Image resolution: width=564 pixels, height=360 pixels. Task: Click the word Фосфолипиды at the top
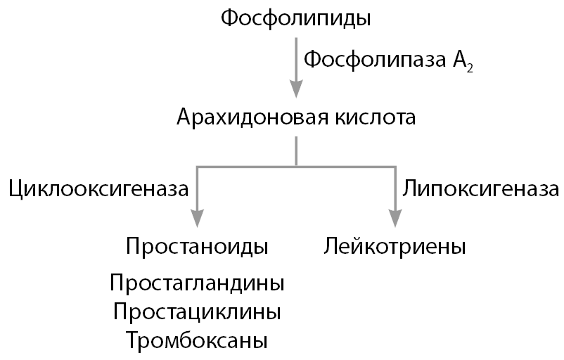click(296, 18)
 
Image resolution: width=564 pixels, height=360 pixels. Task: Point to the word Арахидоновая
click(245, 117)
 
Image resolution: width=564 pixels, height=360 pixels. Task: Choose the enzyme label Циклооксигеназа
click(98, 188)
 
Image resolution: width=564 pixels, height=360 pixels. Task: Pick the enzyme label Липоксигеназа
click(480, 188)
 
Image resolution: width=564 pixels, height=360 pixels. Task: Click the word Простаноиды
click(198, 247)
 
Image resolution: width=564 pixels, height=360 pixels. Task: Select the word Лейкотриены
click(395, 247)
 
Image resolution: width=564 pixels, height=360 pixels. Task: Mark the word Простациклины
click(198, 311)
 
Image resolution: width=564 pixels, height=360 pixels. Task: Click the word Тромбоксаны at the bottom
click(198, 340)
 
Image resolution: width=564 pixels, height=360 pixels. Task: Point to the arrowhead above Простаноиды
click(198, 219)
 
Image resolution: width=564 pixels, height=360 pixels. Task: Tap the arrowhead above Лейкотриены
click(395, 219)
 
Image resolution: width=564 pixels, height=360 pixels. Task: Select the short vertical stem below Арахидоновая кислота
click(296, 151)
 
